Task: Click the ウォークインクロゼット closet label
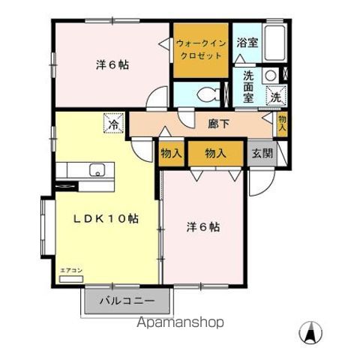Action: point(200,50)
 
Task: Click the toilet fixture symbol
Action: point(214,94)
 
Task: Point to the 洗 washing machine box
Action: point(275,96)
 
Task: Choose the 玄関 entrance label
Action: point(262,153)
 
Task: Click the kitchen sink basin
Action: point(96,170)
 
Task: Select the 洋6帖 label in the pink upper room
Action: point(112,65)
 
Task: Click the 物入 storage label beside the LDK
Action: point(171,153)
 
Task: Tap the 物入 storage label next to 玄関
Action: point(216,153)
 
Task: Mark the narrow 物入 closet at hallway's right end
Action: point(282,122)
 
